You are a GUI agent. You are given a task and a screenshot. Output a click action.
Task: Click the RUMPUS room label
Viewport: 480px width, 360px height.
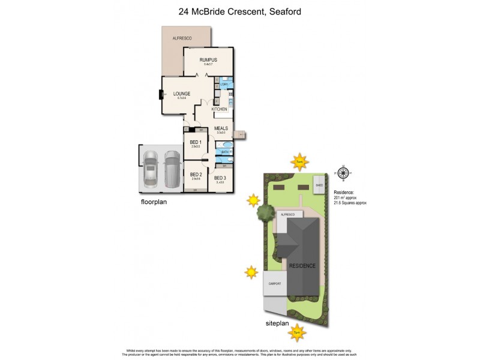[x=208, y=60]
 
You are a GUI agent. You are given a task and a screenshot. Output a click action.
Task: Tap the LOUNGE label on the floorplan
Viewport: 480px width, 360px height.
[x=182, y=94]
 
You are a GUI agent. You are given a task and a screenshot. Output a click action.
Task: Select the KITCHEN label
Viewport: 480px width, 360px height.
[x=219, y=109]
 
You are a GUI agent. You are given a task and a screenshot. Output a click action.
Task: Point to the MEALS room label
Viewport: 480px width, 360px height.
[x=221, y=128]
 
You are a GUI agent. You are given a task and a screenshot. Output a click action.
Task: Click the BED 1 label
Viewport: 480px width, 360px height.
[x=195, y=142]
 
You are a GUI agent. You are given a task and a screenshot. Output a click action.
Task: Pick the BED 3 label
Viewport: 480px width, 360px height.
[x=219, y=178]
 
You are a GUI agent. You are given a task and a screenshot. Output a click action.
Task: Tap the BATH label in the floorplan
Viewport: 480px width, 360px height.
[x=225, y=152]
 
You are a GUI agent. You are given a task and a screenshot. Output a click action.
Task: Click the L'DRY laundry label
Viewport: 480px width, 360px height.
[x=224, y=85]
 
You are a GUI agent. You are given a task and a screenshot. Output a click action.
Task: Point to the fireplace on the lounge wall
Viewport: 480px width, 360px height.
[x=161, y=94]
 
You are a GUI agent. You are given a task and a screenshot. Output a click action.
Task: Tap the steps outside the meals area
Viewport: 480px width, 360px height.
[x=241, y=134]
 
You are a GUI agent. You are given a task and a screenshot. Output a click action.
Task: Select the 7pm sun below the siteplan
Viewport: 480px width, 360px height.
[x=296, y=329]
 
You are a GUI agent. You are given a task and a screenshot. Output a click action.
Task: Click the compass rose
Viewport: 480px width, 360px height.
[x=343, y=173]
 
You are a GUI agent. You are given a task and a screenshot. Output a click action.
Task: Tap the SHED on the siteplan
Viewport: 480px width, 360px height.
[x=319, y=183]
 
